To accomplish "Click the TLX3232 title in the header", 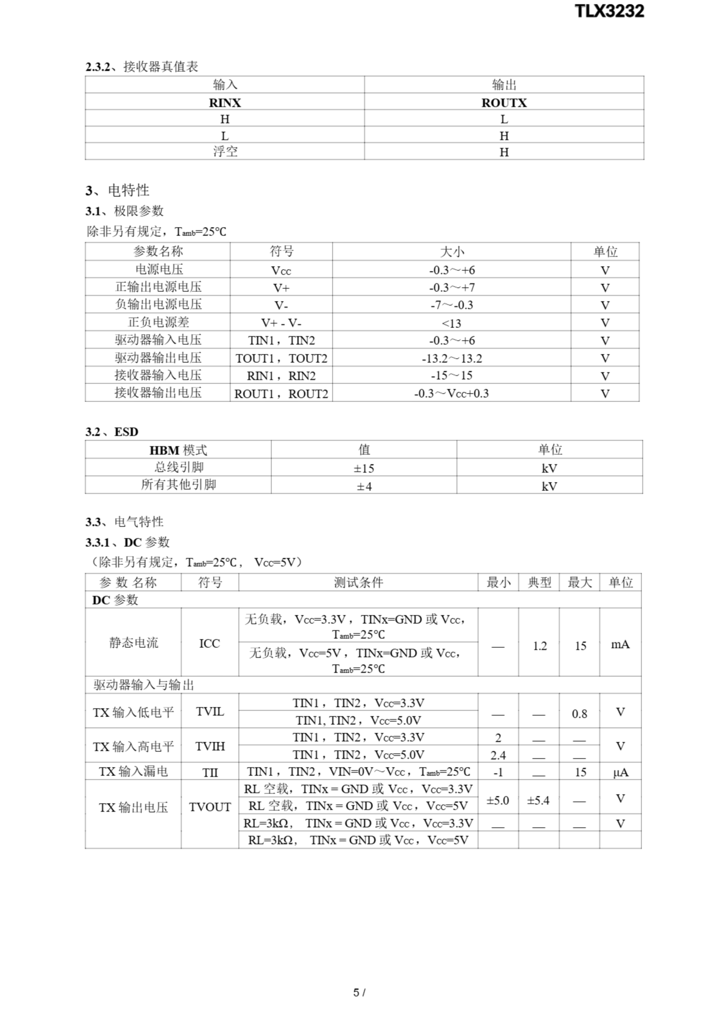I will click(609, 11).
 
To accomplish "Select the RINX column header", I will click(225, 103).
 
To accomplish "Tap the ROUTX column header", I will click(504, 103).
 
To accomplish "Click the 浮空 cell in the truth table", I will click(225, 152).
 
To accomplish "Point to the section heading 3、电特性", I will click(117, 191).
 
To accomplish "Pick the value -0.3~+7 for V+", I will click(452, 287).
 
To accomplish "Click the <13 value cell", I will click(452, 323).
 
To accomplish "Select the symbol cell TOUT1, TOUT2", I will click(281, 358).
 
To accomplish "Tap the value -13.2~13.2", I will click(452, 358).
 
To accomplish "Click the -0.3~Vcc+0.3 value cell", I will click(452, 393).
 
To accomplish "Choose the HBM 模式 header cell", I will click(178, 450).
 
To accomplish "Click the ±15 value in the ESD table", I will click(364, 468).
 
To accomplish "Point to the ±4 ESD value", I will click(364, 486).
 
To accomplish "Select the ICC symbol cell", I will click(209, 644).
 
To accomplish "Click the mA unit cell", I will click(620, 644).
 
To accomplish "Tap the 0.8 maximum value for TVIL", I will click(580, 714).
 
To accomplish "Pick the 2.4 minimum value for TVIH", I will click(498, 755).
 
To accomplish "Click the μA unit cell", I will click(620, 772).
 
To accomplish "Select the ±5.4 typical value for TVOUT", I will click(538, 800).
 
